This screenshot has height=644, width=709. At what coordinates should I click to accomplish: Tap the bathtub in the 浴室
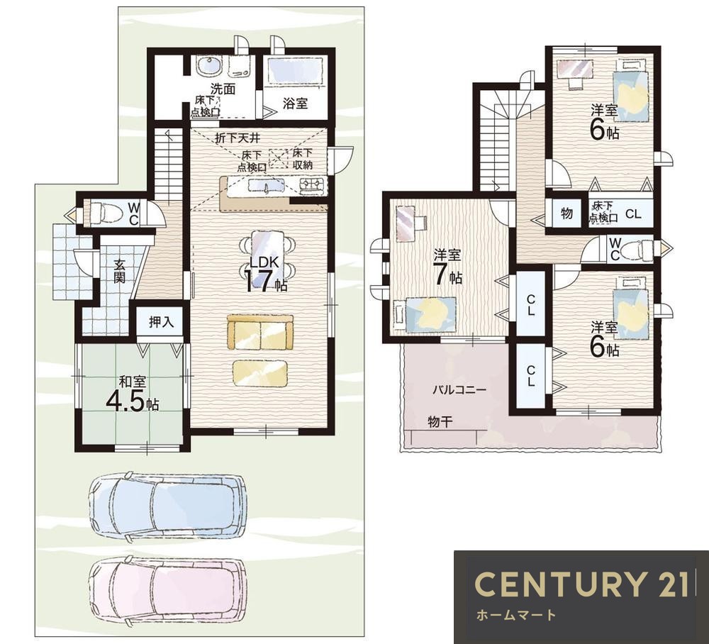[295, 72]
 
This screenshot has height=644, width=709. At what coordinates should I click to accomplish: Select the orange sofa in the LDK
[260, 333]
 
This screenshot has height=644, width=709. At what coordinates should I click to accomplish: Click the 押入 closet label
[162, 323]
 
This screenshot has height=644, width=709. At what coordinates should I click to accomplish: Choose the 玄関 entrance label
[119, 270]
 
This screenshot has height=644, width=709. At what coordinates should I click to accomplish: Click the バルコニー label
[459, 389]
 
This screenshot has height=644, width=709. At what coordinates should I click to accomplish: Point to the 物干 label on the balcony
[440, 423]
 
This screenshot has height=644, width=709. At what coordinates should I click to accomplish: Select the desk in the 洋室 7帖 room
[409, 221]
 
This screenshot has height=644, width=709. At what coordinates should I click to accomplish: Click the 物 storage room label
[567, 213]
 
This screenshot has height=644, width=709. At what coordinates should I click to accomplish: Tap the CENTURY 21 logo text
[582, 584]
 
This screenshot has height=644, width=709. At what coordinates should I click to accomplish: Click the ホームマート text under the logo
[516, 615]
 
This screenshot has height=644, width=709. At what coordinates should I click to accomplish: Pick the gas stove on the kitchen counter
[312, 184]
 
